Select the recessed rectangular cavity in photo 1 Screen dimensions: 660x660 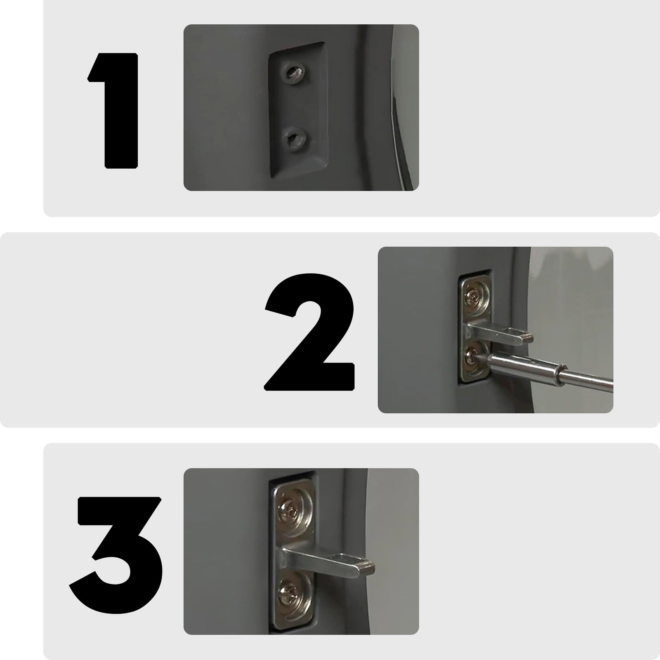(x=297, y=109)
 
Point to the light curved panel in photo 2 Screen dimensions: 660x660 (x=573, y=297)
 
